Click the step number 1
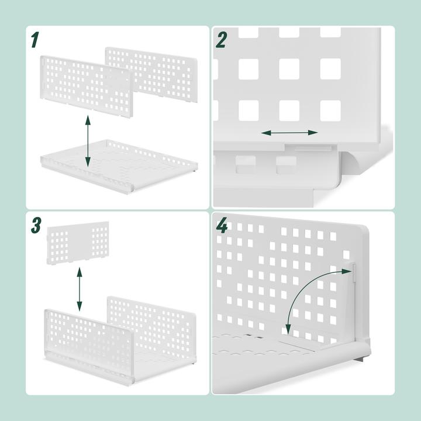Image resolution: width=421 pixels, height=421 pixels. pyautogui.click(x=34, y=40)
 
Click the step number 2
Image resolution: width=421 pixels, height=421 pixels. pyautogui.click(x=220, y=40)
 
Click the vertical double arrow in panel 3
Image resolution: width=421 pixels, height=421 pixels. pyautogui.click(x=80, y=290)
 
